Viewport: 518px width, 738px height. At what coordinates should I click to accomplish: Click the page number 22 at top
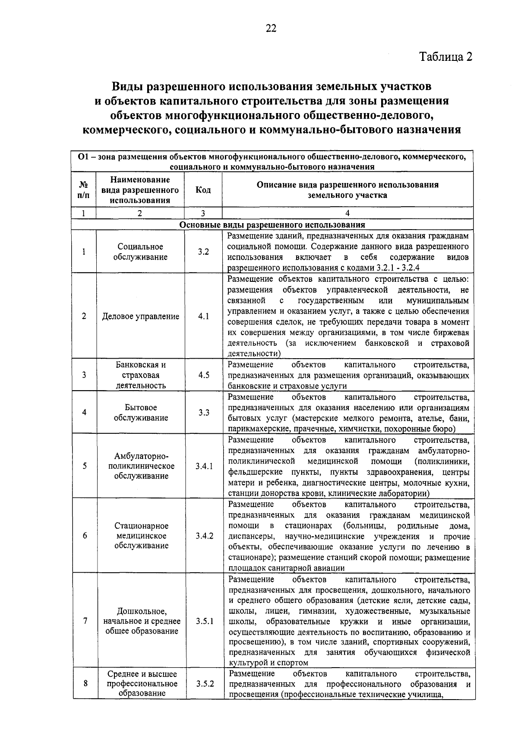click(271, 28)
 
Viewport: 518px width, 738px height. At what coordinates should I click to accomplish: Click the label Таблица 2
click(446, 57)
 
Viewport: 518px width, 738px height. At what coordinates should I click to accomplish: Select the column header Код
click(203, 190)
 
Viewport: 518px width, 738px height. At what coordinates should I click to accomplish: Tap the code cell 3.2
click(203, 252)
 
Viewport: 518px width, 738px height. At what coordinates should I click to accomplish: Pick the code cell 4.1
click(203, 316)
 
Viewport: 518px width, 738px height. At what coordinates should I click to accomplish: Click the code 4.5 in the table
click(204, 375)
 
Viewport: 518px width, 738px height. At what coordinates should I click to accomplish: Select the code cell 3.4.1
click(204, 466)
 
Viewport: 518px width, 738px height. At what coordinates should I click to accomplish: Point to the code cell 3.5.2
click(205, 684)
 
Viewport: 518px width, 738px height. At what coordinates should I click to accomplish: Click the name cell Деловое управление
click(140, 316)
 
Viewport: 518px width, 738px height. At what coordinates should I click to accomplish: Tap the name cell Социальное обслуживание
click(140, 252)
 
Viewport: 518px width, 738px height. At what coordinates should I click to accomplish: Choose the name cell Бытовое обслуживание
click(140, 413)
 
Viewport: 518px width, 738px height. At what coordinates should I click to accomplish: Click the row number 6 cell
click(85, 536)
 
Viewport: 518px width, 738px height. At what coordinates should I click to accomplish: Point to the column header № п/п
click(85, 190)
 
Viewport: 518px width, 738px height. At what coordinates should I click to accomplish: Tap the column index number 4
click(347, 213)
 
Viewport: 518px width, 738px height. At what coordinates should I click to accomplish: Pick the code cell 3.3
click(204, 413)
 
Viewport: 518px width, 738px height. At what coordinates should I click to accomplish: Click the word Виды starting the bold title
click(128, 86)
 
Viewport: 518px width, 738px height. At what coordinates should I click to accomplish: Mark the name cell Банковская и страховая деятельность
click(140, 375)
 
